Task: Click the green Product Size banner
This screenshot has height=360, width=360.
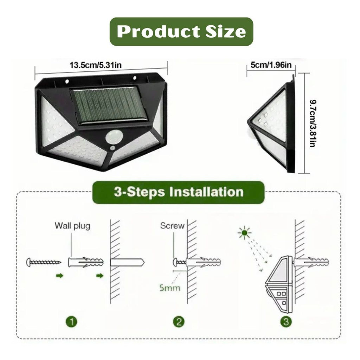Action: tap(181, 32)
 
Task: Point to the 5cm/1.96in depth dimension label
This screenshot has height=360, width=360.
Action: tap(271, 65)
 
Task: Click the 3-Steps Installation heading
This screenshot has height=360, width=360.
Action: tap(178, 192)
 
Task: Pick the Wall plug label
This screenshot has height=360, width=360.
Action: tap(72, 226)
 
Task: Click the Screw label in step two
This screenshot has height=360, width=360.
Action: tap(172, 226)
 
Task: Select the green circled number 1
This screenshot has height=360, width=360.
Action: tap(72, 321)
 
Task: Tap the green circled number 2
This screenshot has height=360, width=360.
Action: tap(179, 321)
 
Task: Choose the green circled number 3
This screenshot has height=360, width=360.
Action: tap(286, 321)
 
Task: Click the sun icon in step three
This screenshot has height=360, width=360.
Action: tap(244, 233)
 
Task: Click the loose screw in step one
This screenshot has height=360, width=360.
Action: tap(44, 262)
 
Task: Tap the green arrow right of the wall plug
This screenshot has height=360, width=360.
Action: tap(100, 276)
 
